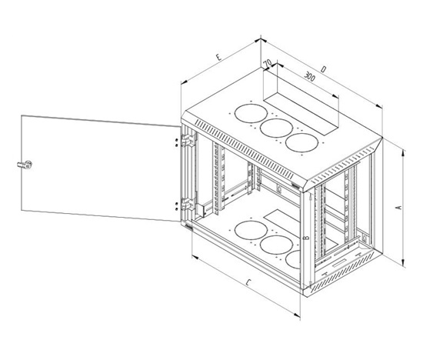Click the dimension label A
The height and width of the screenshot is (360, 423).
tap(399, 208)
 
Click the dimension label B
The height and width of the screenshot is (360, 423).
tap(306, 238)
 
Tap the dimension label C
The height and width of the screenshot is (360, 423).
tap(248, 283)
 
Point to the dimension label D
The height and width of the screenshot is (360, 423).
tap(324, 69)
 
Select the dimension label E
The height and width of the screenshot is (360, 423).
tap(218, 57)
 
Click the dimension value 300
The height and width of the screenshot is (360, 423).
tap(309, 76)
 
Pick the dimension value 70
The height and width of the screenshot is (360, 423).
tap(268, 63)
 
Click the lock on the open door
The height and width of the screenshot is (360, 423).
tap(25, 165)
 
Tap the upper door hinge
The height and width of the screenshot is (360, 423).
tap(188, 140)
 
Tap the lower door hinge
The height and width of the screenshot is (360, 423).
tap(188, 204)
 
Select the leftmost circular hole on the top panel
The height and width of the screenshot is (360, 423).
tap(251, 113)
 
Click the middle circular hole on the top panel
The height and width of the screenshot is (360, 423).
tap(276, 128)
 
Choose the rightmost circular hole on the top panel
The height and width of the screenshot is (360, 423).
tap(301, 142)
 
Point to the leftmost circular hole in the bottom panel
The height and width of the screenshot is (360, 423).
tap(251, 230)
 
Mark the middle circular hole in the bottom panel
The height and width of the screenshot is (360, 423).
tap(276, 245)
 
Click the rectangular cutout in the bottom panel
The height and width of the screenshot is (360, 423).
tap(282, 219)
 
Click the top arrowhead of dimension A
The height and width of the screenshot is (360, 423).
tap(403, 154)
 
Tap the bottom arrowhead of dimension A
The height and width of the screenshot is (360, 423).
tap(403, 263)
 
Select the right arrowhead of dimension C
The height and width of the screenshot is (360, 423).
tap(297, 315)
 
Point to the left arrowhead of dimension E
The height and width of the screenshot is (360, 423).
tap(185, 82)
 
